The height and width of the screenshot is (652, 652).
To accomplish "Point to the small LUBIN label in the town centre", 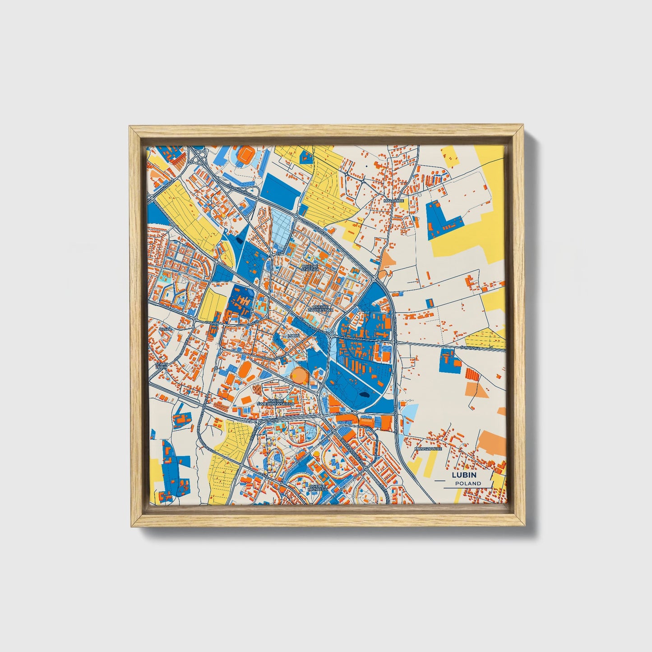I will coord(293,336).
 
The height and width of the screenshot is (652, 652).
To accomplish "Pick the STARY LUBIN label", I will coord(161,365).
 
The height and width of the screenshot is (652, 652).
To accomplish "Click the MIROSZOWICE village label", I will coord(428,449).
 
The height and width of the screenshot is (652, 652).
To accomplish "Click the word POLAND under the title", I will coord(468,483).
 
